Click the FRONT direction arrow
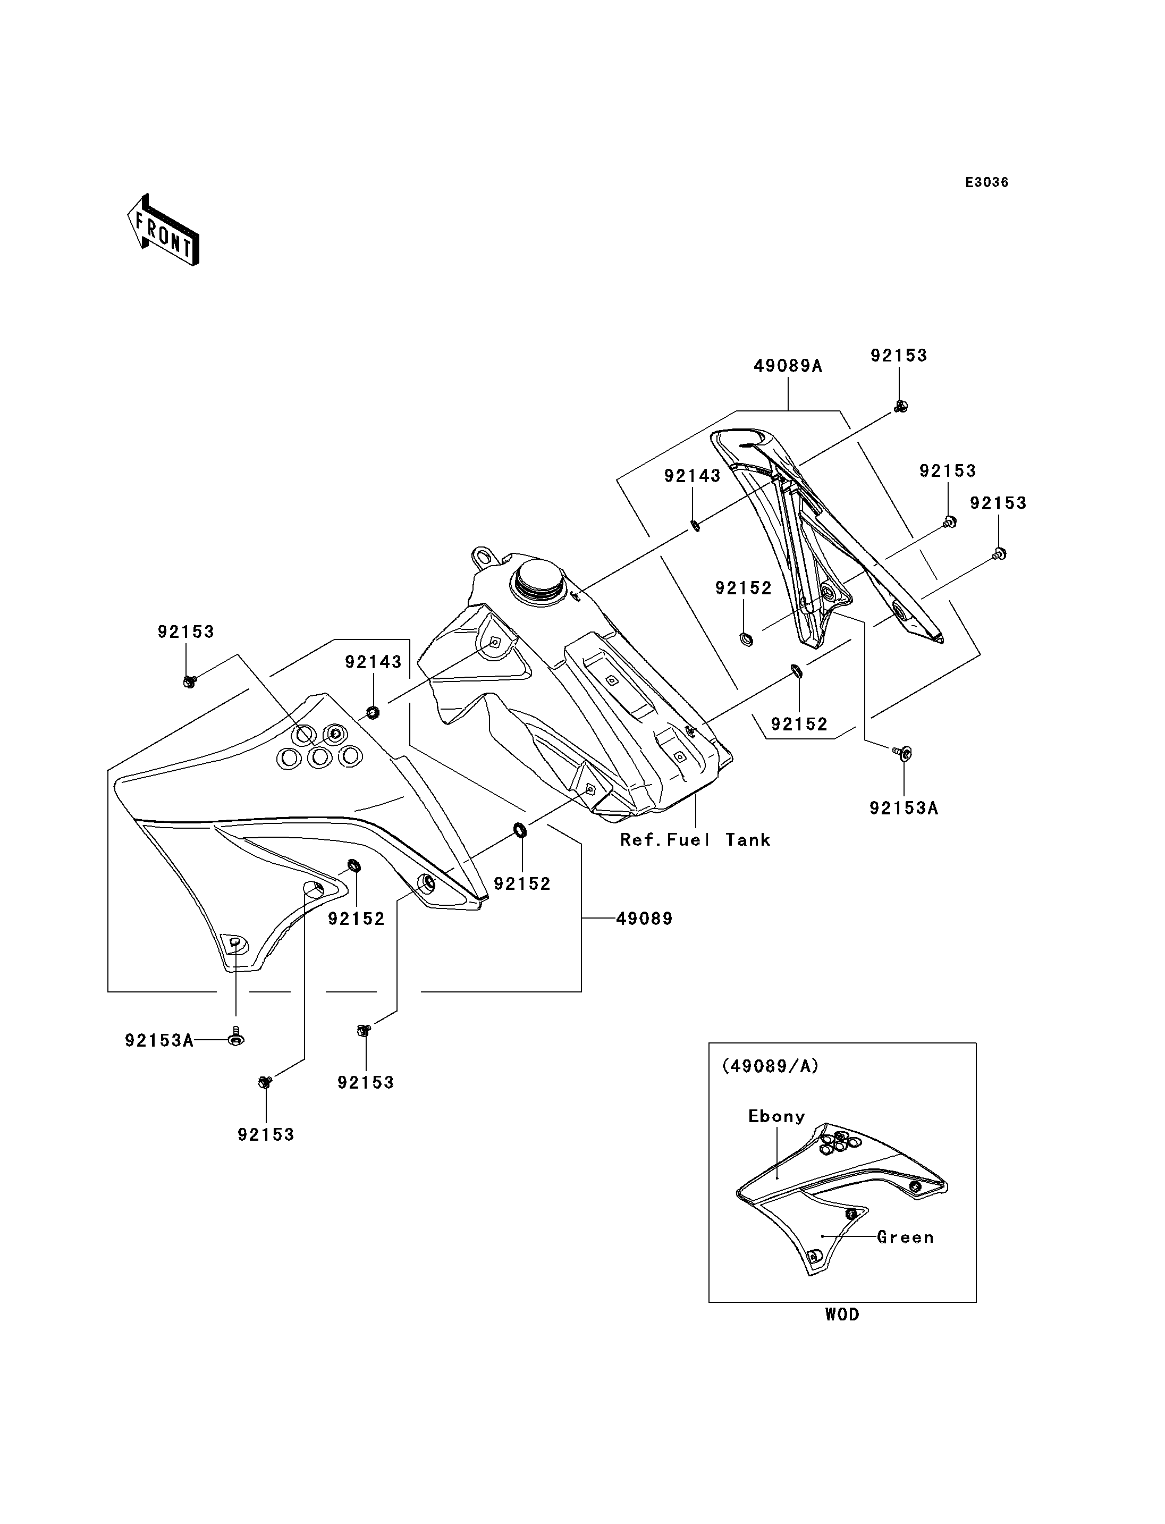(x=164, y=231)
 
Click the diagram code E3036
(x=987, y=182)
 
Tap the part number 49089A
(x=788, y=366)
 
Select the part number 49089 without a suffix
(x=644, y=919)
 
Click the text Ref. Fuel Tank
(x=695, y=839)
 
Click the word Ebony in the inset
(x=776, y=1116)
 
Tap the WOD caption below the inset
(x=842, y=1314)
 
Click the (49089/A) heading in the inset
(x=770, y=1066)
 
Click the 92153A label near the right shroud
(x=904, y=808)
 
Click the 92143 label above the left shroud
(x=373, y=662)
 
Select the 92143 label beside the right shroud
(x=692, y=476)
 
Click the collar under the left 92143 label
(x=373, y=712)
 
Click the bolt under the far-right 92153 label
(x=999, y=553)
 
